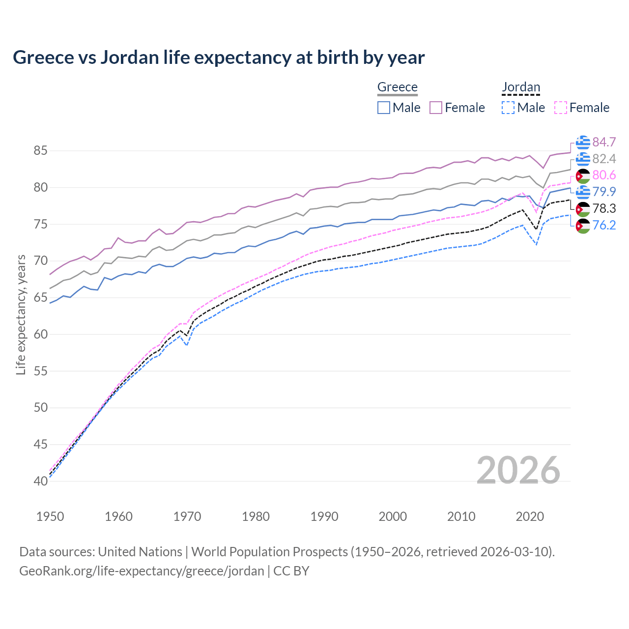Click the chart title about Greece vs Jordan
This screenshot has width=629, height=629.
click(x=219, y=57)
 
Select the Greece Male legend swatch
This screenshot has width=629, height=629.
click(x=384, y=108)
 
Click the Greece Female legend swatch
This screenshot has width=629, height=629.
click(x=436, y=108)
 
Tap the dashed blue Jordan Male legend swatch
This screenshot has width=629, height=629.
click(x=508, y=108)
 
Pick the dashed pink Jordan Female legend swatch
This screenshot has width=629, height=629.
click(x=560, y=108)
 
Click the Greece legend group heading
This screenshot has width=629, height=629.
click(x=397, y=87)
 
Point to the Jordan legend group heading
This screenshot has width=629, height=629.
click(x=521, y=87)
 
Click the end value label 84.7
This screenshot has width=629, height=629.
click(x=604, y=142)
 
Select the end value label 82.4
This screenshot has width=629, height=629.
click(x=604, y=159)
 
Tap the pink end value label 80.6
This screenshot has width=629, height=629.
click(x=604, y=175)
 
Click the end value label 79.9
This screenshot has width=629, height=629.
click(x=604, y=192)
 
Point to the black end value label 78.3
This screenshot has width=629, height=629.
click(x=604, y=208)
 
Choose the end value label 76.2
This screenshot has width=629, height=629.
click(x=604, y=225)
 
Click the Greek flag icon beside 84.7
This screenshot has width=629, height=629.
click(x=583, y=142)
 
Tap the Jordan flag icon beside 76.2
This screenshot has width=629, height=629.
click(x=583, y=226)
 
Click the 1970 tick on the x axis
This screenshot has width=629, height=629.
click(x=187, y=516)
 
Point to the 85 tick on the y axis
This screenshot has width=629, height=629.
click(x=40, y=151)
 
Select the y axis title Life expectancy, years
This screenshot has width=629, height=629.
click(x=21, y=314)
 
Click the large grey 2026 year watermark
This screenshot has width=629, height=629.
click(x=518, y=470)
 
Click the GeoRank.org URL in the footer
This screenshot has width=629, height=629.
click(x=142, y=571)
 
